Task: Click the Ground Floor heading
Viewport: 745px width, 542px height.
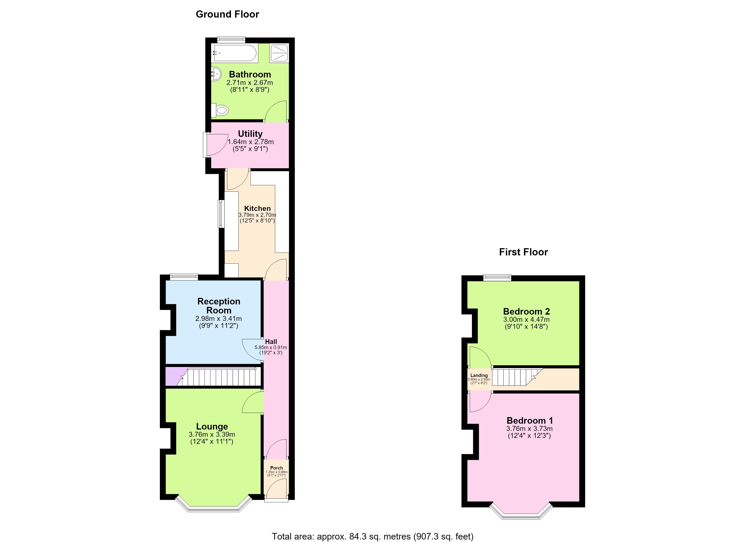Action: pyautogui.click(x=227, y=14)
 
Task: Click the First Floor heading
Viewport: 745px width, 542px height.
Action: pyautogui.click(x=523, y=252)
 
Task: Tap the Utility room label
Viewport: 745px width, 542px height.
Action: pyautogui.click(x=250, y=134)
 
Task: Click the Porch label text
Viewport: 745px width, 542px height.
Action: pyautogui.click(x=277, y=468)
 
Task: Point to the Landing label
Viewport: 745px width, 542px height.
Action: pyautogui.click(x=479, y=375)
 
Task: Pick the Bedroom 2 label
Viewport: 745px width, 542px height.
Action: pyautogui.click(x=526, y=311)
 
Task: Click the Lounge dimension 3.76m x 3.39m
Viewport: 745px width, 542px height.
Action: pyautogui.click(x=212, y=435)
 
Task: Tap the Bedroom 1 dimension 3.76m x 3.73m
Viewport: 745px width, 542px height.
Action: pyautogui.click(x=529, y=429)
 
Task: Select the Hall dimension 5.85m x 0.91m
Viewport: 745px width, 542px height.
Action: pyautogui.click(x=271, y=347)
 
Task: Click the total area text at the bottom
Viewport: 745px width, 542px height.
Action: pyautogui.click(x=372, y=536)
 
